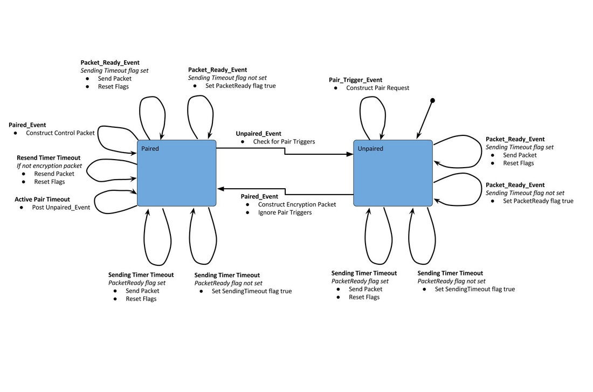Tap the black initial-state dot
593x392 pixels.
[x=432, y=101]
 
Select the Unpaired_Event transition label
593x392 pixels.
[x=258, y=134]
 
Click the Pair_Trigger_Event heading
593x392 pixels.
[x=355, y=80]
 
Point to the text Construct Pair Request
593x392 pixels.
[x=377, y=88]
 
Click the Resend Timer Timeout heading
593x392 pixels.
[x=49, y=157]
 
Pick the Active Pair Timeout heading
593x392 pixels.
[x=42, y=200]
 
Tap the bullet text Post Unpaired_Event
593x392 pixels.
[x=58, y=208]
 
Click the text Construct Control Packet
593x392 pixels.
[x=60, y=133]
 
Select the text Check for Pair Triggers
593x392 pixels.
[x=284, y=142]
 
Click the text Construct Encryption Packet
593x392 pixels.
[x=296, y=204]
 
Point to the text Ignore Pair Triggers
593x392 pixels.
[x=285, y=212]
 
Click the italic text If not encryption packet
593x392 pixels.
[x=50, y=166]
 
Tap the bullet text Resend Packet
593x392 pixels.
[x=54, y=174]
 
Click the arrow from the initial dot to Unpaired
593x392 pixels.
[x=426, y=118]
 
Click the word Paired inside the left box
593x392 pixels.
[x=150, y=148]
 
